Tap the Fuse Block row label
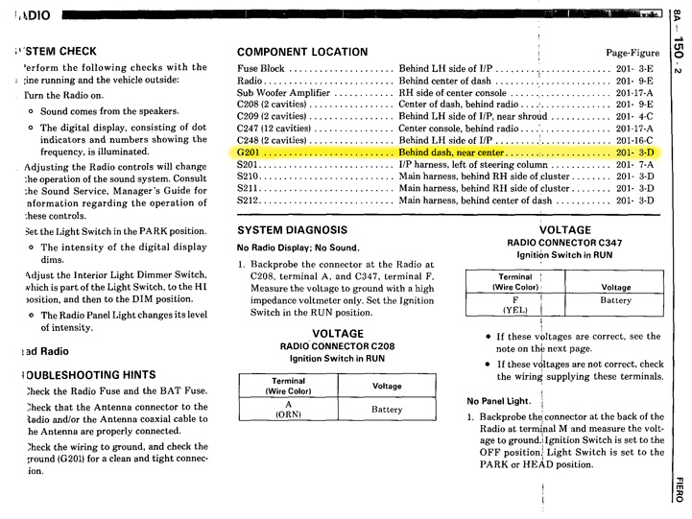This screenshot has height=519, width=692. point(261,70)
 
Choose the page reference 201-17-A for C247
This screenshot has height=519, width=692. point(634,129)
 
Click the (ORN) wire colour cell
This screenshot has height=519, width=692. point(289,414)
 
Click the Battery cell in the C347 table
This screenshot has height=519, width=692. point(615,300)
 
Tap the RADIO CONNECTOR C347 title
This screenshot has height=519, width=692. point(560,243)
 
